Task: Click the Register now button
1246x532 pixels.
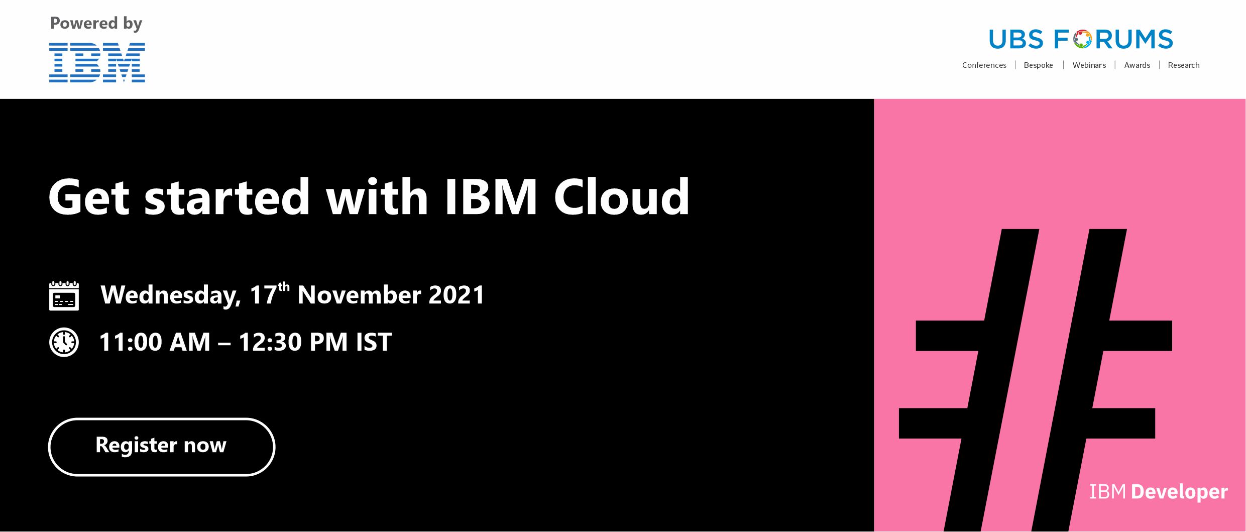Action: click(162, 447)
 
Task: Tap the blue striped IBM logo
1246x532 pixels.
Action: click(97, 62)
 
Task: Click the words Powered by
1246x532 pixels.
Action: click(96, 24)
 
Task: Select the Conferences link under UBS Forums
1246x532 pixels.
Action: click(984, 65)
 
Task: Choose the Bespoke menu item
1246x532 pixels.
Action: click(1038, 65)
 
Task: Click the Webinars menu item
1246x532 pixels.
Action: click(1089, 65)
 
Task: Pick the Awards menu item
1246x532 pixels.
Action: click(1137, 65)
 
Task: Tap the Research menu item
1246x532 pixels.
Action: click(1183, 65)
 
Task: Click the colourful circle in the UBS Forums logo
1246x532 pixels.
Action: click(1083, 39)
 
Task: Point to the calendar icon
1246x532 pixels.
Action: click(64, 296)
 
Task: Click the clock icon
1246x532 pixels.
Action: click(64, 342)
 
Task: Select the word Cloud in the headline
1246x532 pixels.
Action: click(622, 197)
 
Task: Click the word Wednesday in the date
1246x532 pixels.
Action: click(171, 295)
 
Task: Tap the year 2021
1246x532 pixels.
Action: click(457, 295)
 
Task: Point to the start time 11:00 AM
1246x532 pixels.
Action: click(155, 342)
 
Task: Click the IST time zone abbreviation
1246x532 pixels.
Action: click(374, 342)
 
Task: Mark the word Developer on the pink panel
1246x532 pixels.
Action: click(1179, 492)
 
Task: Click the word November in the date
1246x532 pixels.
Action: click(359, 295)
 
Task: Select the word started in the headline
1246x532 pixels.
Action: click(227, 197)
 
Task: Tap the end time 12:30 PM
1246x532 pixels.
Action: click(293, 342)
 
